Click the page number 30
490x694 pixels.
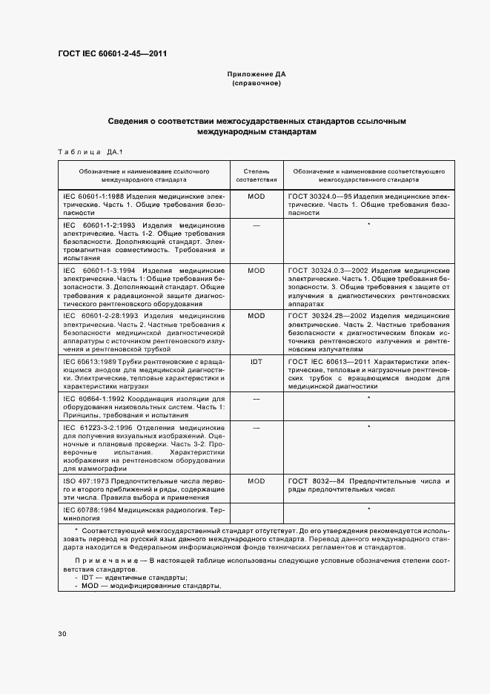(62, 634)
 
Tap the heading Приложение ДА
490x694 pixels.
(256, 75)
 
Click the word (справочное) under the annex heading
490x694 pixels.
(256, 84)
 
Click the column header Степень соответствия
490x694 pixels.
(256, 175)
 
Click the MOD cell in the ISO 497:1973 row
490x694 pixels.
(256, 481)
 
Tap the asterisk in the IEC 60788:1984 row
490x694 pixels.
(368, 510)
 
